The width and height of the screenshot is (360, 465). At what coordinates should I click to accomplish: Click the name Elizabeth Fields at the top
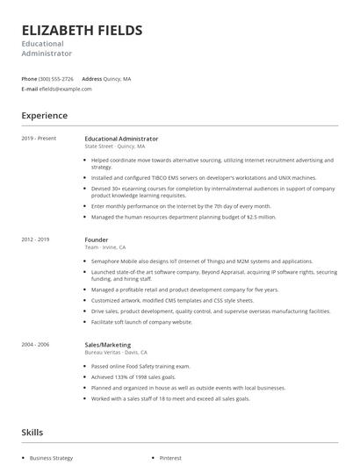click(x=82, y=31)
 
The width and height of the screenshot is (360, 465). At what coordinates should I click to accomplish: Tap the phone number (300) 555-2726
click(x=56, y=79)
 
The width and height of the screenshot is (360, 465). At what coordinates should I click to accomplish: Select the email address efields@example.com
click(x=65, y=89)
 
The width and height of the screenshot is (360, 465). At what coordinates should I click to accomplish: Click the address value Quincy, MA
click(x=117, y=79)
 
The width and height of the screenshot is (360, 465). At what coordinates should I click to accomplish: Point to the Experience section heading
click(x=44, y=115)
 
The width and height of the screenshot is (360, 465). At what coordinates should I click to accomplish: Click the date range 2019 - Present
click(x=39, y=139)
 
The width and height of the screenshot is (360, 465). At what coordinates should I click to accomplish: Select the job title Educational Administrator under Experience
click(x=121, y=139)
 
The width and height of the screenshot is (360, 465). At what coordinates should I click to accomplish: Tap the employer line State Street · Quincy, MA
click(x=115, y=147)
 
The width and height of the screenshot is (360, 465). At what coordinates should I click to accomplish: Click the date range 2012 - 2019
click(x=36, y=240)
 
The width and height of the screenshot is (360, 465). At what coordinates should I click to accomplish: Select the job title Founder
click(x=97, y=240)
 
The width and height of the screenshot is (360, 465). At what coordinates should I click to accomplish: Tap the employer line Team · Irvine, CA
click(x=104, y=247)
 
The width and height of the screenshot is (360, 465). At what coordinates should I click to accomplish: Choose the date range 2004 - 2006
click(x=36, y=345)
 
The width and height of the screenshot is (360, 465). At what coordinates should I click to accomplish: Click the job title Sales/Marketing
click(x=108, y=345)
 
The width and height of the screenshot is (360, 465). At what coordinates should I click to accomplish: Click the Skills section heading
click(x=32, y=433)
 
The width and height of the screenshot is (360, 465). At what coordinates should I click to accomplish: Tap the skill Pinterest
click(x=169, y=458)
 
